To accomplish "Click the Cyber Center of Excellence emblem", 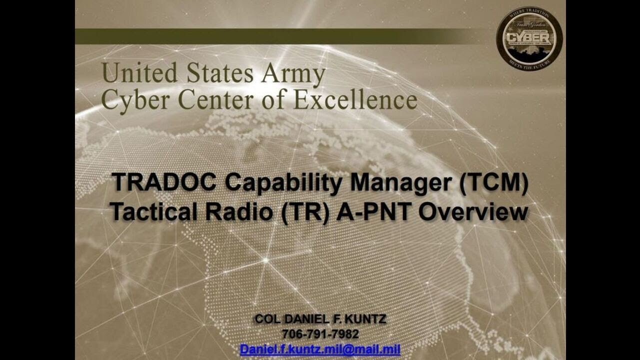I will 529,38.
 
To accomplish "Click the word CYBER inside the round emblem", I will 529,38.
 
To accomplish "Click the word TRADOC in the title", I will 164,182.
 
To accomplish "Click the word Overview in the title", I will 472,212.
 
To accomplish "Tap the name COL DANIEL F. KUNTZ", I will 320,319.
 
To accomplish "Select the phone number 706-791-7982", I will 320,334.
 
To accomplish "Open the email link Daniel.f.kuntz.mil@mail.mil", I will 320,349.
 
